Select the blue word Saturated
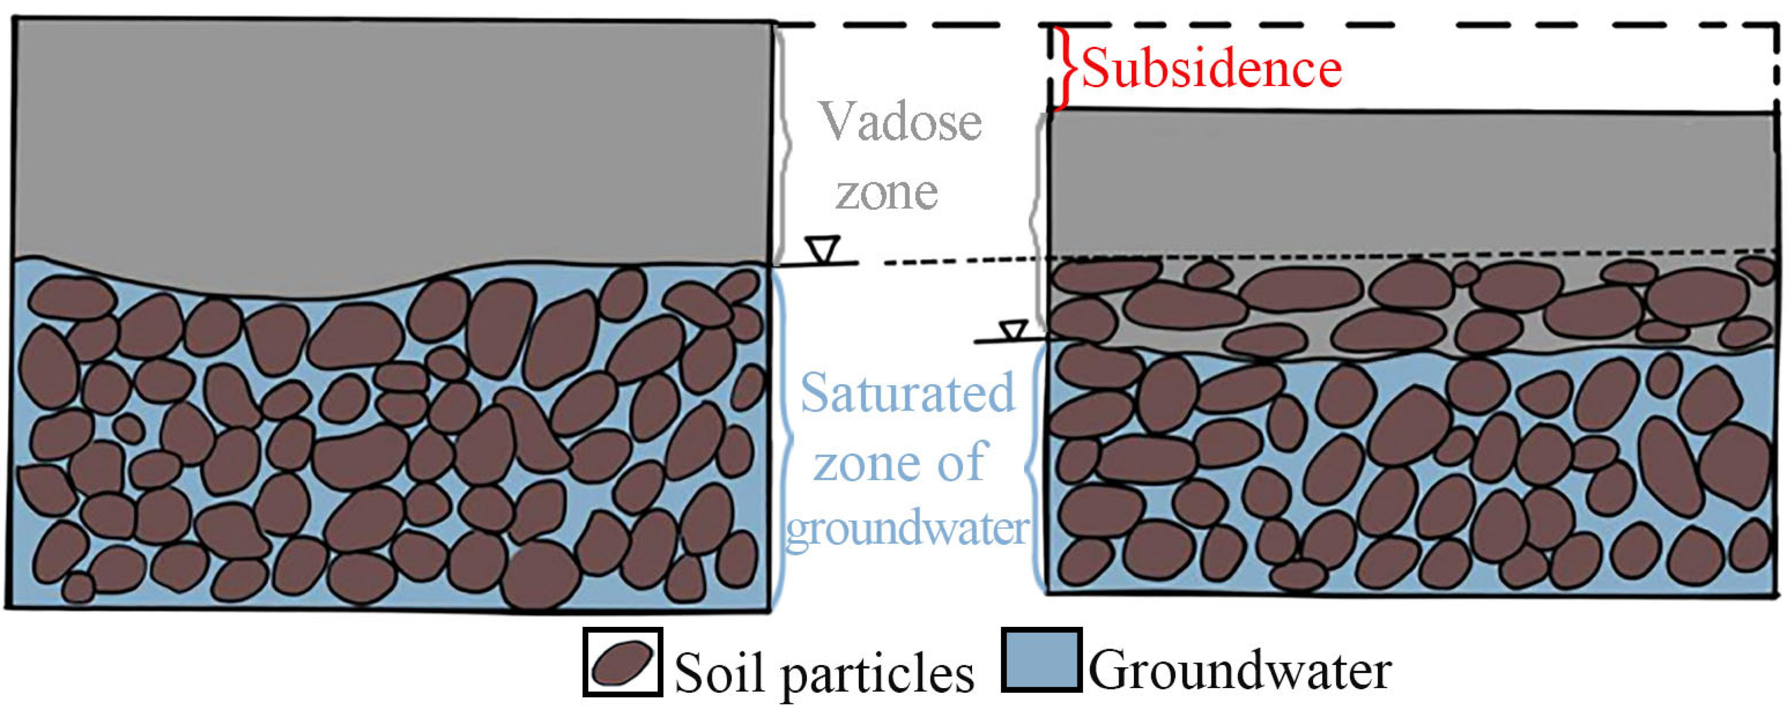[x=908, y=393]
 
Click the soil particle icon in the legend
[x=622, y=662]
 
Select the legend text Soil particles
[x=824, y=673]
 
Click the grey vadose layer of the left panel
[x=389, y=139]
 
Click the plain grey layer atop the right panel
[x=1410, y=180]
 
